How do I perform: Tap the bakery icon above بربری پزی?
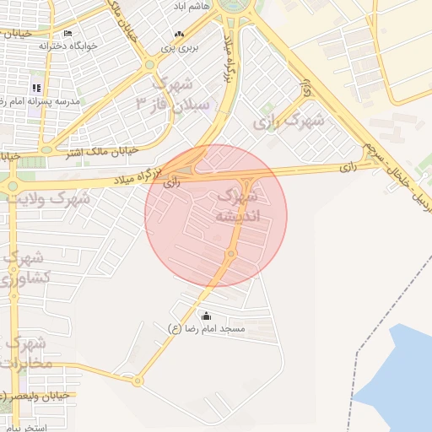178,35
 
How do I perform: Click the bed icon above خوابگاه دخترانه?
68,33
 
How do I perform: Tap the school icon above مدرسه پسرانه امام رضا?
36,87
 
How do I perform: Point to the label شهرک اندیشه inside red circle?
238,206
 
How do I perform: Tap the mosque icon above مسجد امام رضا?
207,316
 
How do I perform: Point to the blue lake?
401,371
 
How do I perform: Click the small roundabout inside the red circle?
229,254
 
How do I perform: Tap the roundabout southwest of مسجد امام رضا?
137,381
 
